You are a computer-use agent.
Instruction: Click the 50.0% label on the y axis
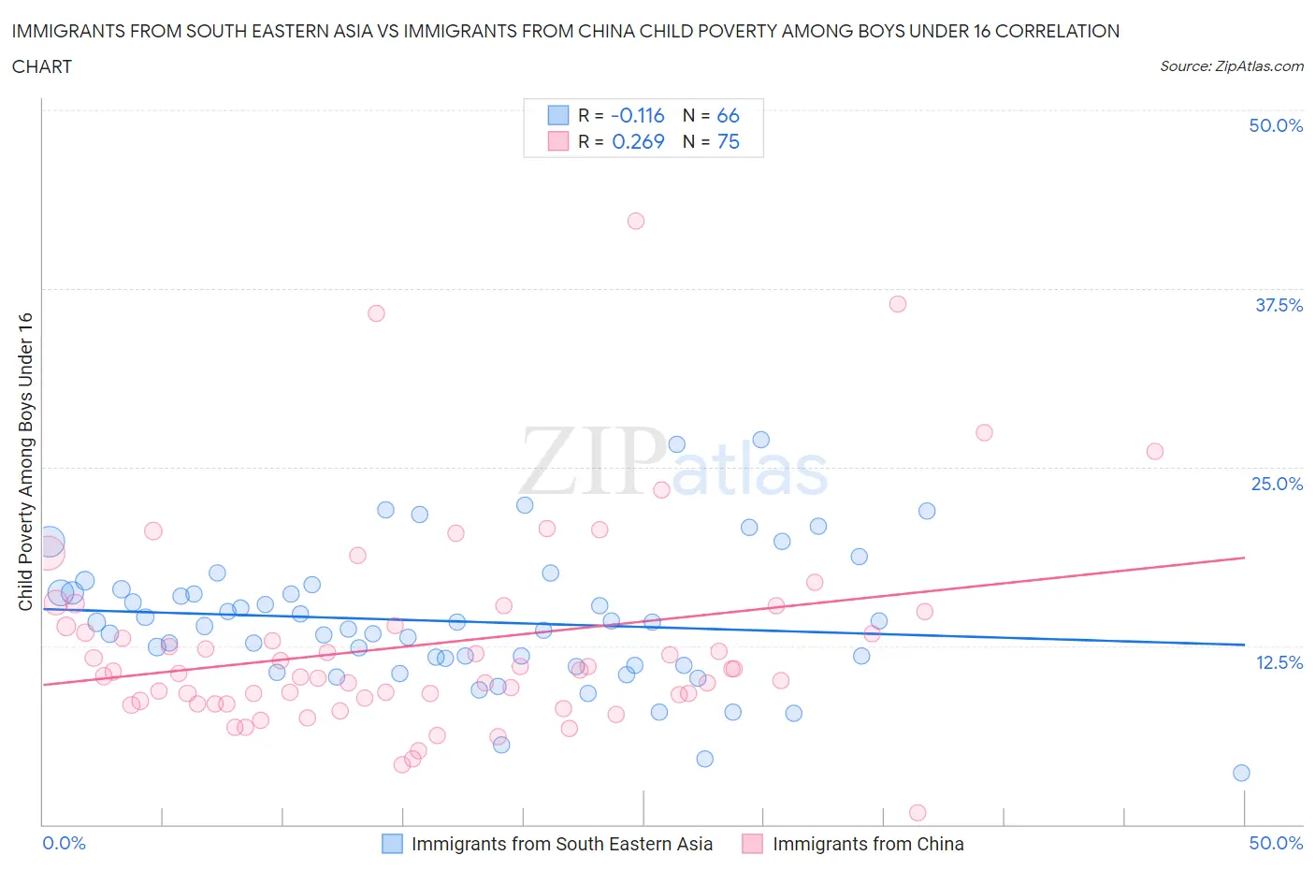click(1276, 125)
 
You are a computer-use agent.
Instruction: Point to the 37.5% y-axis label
click(1279, 305)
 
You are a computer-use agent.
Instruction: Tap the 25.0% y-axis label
click(1277, 484)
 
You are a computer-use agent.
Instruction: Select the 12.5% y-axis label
click(1279, 662)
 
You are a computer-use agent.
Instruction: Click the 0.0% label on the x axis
click(65, 843)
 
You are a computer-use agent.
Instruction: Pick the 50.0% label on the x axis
click(1276, 843)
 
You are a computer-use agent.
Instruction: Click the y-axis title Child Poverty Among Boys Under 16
click(25, 461)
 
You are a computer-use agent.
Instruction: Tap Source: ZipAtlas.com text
click(1231, 66)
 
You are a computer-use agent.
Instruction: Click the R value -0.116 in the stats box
click(637, 115)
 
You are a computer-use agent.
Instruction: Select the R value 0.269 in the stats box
click(638, 141)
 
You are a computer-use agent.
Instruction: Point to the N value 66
click(728, 115)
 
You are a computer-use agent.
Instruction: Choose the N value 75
click(728, 141)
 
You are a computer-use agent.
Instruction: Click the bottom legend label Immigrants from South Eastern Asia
click(561, 844)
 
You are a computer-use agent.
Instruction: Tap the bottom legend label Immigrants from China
click(867, 844)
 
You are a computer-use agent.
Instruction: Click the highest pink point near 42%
click(636, 221)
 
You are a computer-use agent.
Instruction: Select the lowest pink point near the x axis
click(918, 812)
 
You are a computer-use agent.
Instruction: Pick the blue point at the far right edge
click(1241, 773)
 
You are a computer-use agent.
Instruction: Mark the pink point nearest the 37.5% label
click(898, 304)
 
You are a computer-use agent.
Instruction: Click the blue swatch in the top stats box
click(558, 115)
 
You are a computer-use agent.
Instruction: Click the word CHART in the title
click(42, 66)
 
